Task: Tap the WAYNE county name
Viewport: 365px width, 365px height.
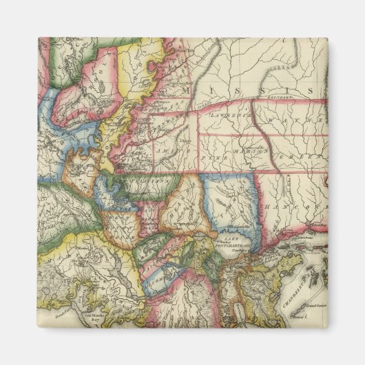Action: tap(306, 125)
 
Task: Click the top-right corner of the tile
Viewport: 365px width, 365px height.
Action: tap(327, 38)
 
